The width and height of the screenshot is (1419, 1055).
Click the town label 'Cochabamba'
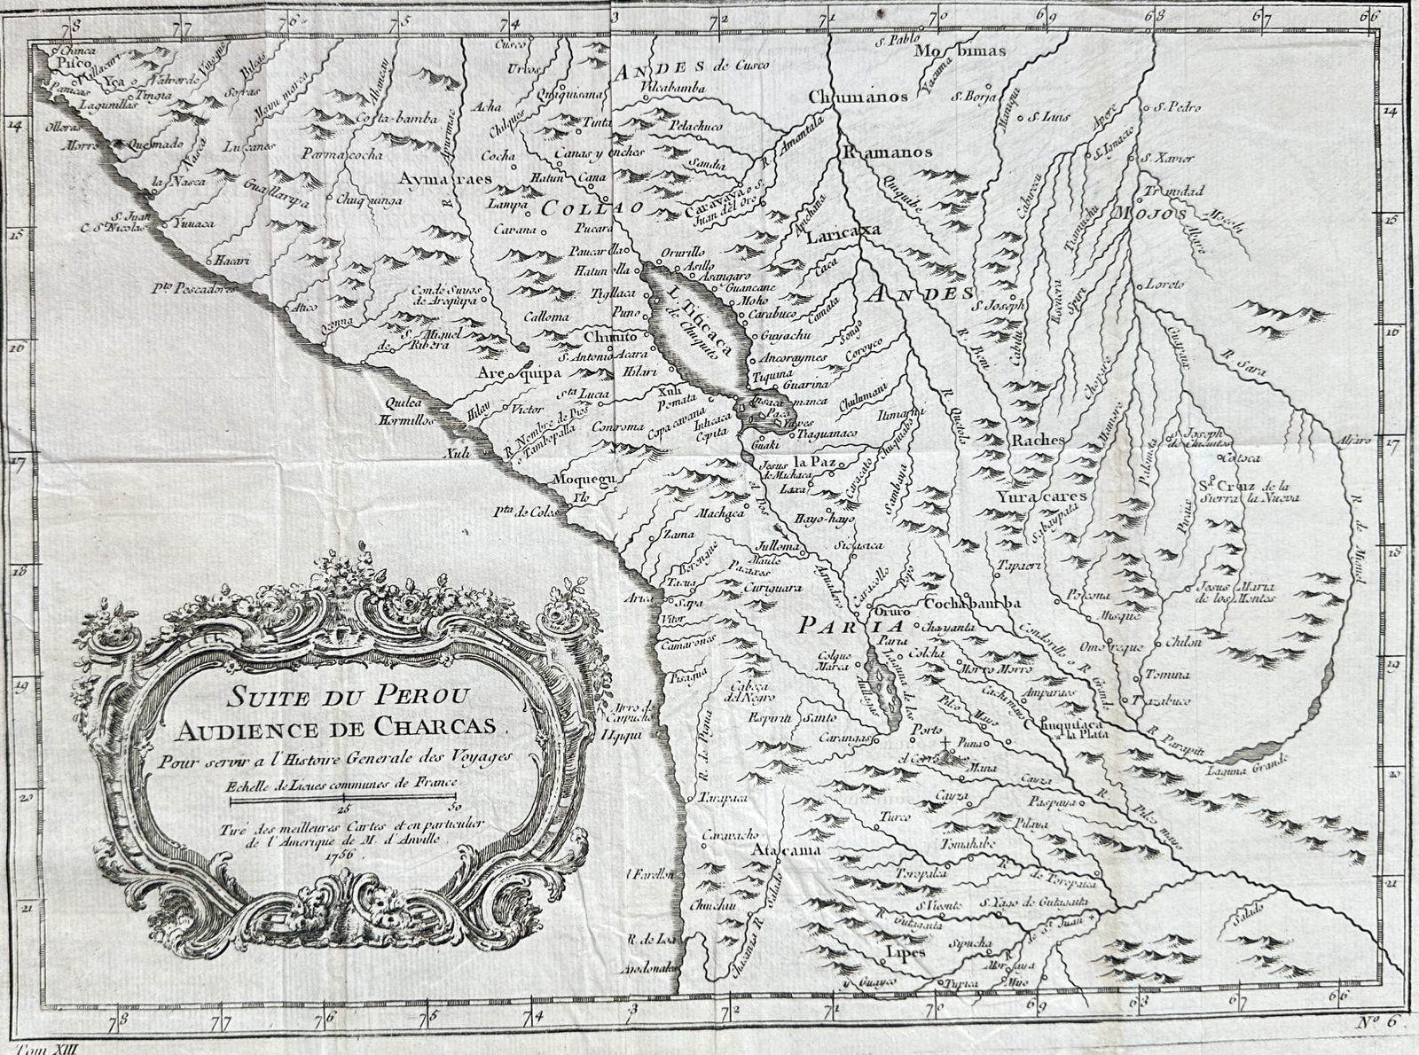[x=974, y=603]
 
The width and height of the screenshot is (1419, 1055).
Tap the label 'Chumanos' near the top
[x=858, y=97]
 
